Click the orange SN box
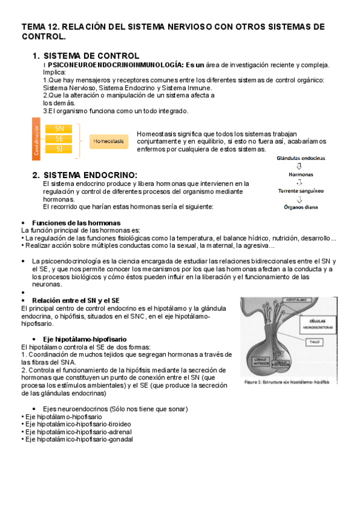[x=59, y=128]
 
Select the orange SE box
[x=59, y=138]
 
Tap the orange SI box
[x=59, y=149]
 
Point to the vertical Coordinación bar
[x=37, y=140]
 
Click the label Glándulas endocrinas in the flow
[x=301, y=158]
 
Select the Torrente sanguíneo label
[x=301, y=191]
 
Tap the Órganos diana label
[x=301, y=207]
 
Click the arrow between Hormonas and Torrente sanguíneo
[x=301, y=182]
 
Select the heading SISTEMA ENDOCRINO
[x=90, y=175]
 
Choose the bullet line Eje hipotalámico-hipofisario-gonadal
[x=79, y=439]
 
